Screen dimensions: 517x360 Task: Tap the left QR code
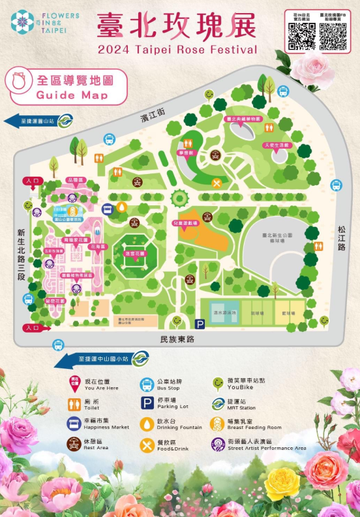pyautogui.click(x=302, y=37)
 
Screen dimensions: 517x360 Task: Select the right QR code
pyautogui.click(x=332, y=37)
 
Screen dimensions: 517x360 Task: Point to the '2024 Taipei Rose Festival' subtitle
pyautogui.click(x=177, y=50)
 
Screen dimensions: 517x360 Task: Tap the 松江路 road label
pyautogui.click(x=342, y=238)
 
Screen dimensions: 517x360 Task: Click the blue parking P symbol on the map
pyautogui.click(x=200, y=323)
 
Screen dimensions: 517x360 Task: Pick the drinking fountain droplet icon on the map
pyautogui.click(x=123, y=207)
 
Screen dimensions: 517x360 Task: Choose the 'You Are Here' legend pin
pyautogui.click(x=74, y=383)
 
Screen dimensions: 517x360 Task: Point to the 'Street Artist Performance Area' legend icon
pyautogui.click(x=217, y=445)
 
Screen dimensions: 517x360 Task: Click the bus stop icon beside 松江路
pyautogui.click(x=337, y=185)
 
